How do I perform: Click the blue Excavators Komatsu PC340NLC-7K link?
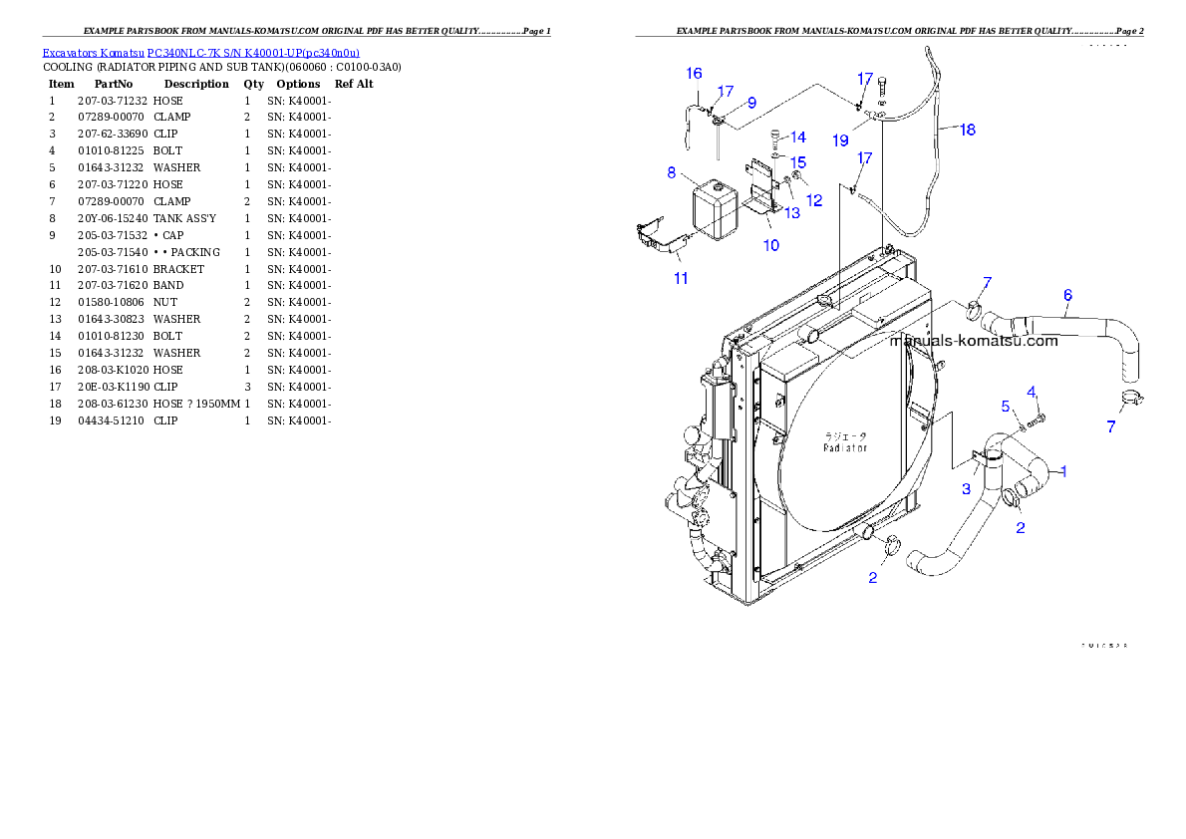(x=200, y=52)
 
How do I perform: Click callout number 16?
(x=694, y=74)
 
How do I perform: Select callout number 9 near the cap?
(x=751, y=103)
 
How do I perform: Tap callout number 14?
(x=798, y=138)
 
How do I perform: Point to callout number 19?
(x=840, y=141)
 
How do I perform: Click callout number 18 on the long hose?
(x=967, y=130)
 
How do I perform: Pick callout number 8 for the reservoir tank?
(x=672, y=172)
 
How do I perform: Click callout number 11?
(x=681, y=278)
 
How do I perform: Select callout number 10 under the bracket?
(x=771, y=245)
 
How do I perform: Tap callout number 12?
(x=814, y=200)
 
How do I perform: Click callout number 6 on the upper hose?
(x=1067, y=295)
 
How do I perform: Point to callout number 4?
(x=1032, y=391)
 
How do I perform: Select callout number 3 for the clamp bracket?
(x=966, y=489)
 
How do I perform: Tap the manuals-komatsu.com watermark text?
(x=974, y=341)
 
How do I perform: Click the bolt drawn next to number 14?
(x=775, y=140)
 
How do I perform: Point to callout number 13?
(x=791, y=212)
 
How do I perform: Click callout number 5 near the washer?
(x=1006, y=406)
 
